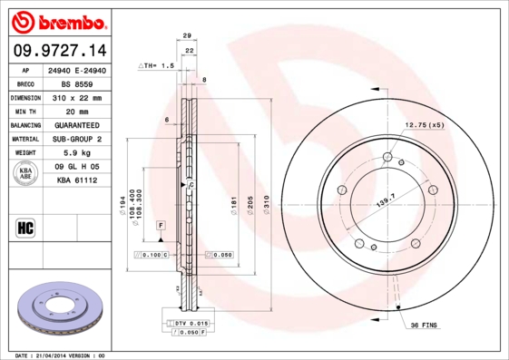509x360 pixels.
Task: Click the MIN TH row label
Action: (x=24, y=112)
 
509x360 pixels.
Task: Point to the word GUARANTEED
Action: (x=78, y=125)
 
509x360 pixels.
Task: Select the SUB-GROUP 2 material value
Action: (x=78, y=140)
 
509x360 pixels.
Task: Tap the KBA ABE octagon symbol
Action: (x=25, y=174)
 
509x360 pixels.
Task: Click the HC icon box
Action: (x=25, y=227)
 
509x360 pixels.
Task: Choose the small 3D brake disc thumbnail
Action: (x=57, y=308)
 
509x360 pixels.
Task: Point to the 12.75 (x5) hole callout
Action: (x=424, y=124)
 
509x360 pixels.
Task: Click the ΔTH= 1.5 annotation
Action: (x=155, y=66)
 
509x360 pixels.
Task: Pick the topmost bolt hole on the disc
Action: (x=387, y=158)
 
